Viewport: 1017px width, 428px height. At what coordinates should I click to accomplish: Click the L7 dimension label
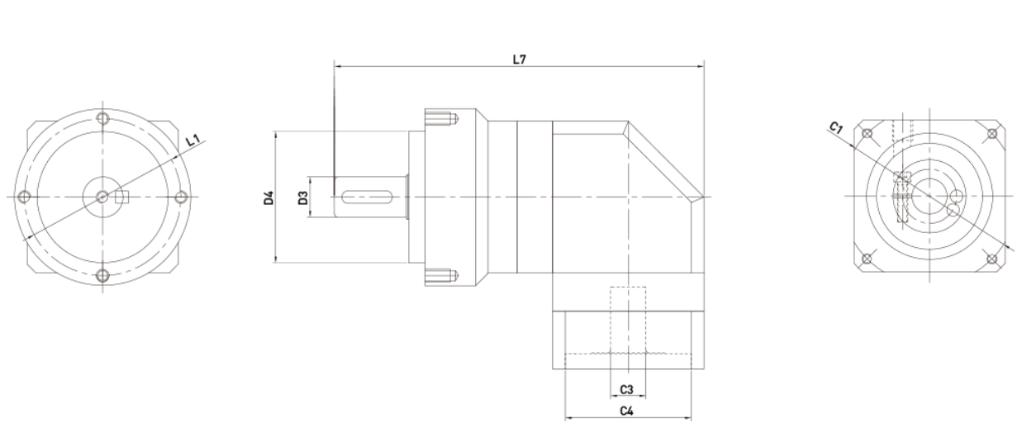(x=519, y=59)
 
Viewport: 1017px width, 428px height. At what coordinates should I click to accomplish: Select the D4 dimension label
(x=269, y=197)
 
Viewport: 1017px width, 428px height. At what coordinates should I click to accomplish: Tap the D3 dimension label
(x=303, y=197)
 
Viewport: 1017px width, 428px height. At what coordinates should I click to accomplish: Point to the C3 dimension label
(x=626, y=390)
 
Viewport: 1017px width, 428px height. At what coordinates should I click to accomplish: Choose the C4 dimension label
(x=626, y=411)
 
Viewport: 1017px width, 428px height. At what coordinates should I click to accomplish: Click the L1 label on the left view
(x=193, y=140)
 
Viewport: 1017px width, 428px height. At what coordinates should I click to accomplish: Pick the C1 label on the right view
(x=836, y=128)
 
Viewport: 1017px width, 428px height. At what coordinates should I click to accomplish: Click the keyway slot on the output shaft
(x=368, y=197)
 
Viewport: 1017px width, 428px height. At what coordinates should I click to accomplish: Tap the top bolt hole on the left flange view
(x=103, y=118)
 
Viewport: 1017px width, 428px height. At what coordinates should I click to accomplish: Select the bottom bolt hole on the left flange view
(x=103, y=275)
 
